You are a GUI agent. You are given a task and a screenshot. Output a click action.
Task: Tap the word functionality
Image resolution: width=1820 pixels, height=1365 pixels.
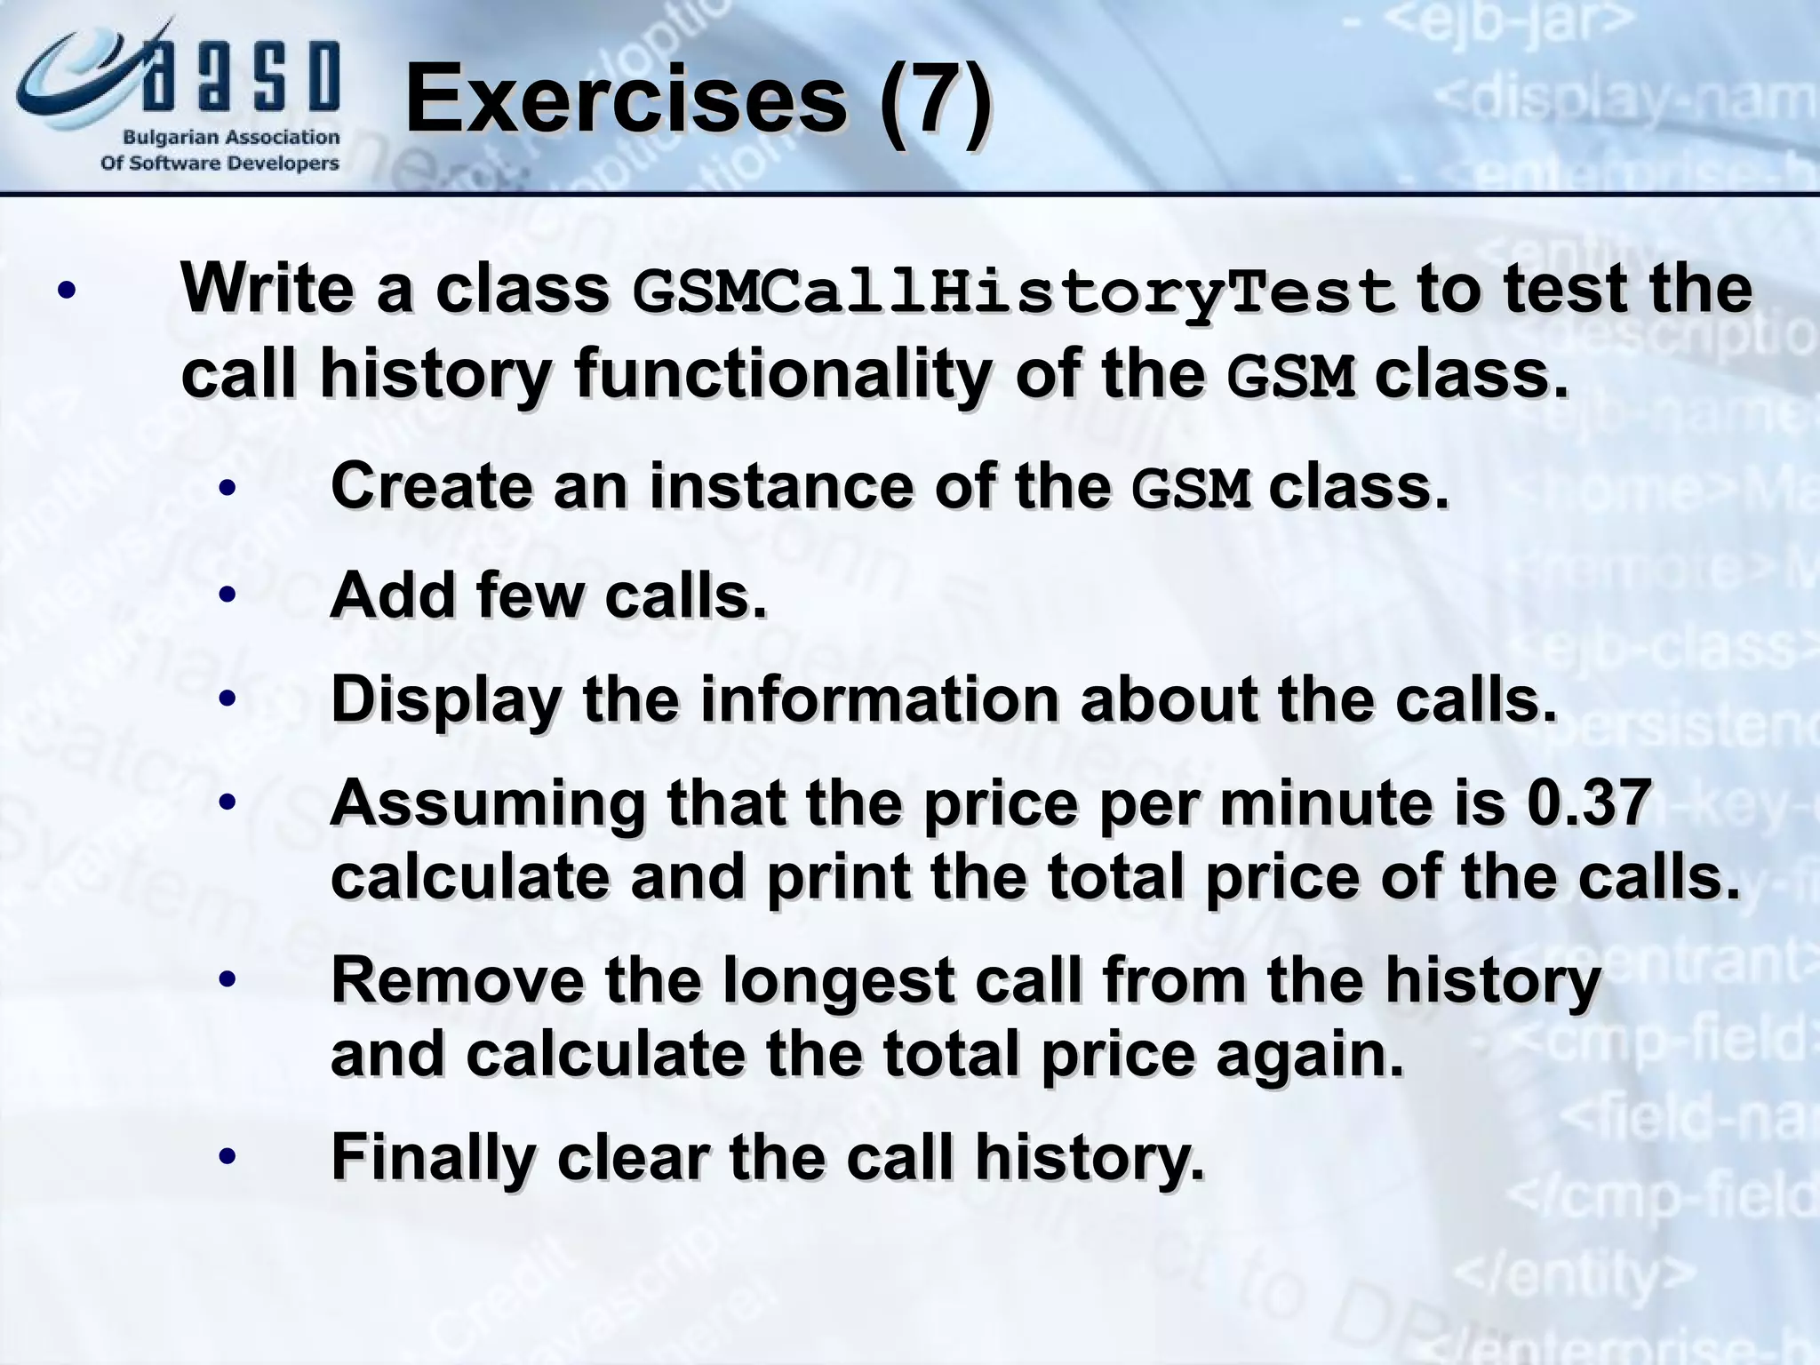782,375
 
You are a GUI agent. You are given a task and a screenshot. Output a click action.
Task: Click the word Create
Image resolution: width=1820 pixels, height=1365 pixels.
430,486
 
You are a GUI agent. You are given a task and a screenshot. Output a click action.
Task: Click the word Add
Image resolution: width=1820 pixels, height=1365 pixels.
391,595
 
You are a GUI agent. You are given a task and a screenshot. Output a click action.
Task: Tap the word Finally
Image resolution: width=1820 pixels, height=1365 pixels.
433,1159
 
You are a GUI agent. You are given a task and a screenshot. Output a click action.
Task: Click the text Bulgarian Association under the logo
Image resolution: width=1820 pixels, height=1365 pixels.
231,138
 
